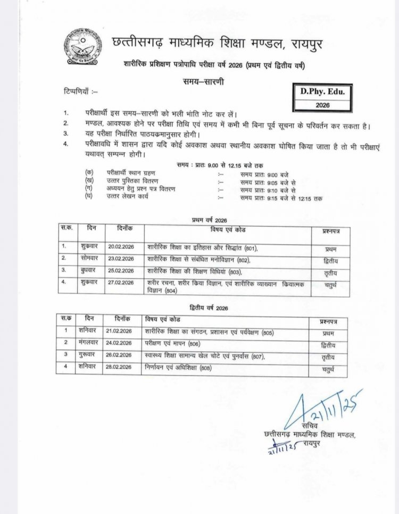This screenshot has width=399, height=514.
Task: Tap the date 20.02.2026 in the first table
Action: (x=120, y=247)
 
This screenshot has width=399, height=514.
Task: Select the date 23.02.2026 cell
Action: (x=120, y=259)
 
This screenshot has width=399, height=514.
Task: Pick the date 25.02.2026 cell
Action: (x=120, y=271)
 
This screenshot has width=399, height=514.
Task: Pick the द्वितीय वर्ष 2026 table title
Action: (x=209, y=308)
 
